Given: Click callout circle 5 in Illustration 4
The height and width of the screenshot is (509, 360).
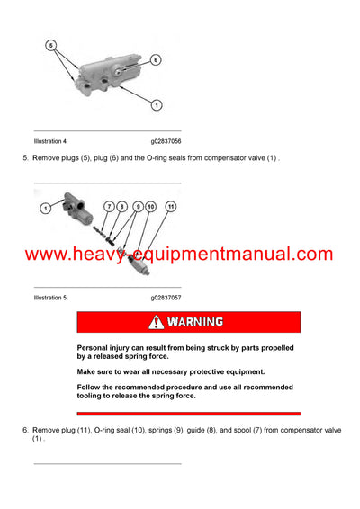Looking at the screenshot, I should pyautogui.click(x=52, y=44).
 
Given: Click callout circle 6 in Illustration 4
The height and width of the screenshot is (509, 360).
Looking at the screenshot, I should pyautogui.click(x=155, y=59).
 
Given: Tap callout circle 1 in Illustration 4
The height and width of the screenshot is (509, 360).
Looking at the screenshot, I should pyautogui.click(x=156, y=105).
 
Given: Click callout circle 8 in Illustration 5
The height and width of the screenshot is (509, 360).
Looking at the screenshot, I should pyautogui.click(x=123, y=208).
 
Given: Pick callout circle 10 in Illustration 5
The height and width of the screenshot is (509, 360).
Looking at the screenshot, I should pyautogui.click(x=150, y=208).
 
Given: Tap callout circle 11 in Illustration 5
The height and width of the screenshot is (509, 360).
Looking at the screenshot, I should pyautogui.click(x=172, y=207).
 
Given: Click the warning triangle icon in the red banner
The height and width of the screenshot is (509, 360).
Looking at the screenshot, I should pyautogui.click(x=157, y=322).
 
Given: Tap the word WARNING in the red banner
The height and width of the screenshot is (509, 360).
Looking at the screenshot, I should pyautogui.click(x=194, y=322).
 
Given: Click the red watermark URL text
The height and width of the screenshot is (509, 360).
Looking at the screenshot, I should pyautogui.click(x=179, y=254).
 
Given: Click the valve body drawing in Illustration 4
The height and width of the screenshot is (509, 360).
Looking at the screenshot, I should pyautogui.click(x=103, y=76).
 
